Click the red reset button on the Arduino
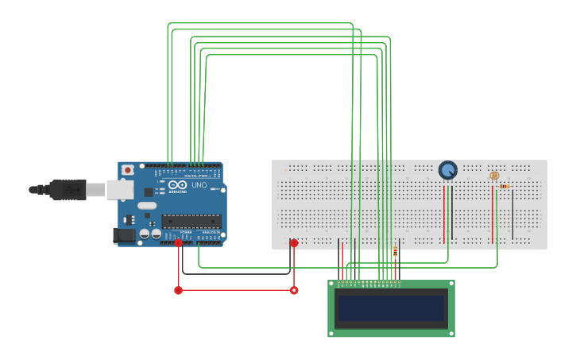127,170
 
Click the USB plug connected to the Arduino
68,189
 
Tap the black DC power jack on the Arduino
124,235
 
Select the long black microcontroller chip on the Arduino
191,221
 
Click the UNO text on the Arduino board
199,185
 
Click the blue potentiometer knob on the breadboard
448,170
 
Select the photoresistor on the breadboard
494,176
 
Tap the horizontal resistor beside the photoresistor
504,186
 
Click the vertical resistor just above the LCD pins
395,252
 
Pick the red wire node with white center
294,290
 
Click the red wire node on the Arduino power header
179,243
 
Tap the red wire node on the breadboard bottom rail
294,243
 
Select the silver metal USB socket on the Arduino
120,189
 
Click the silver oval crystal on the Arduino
147,206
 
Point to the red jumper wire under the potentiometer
444,212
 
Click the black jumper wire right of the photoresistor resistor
512,213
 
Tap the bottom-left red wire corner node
178,290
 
